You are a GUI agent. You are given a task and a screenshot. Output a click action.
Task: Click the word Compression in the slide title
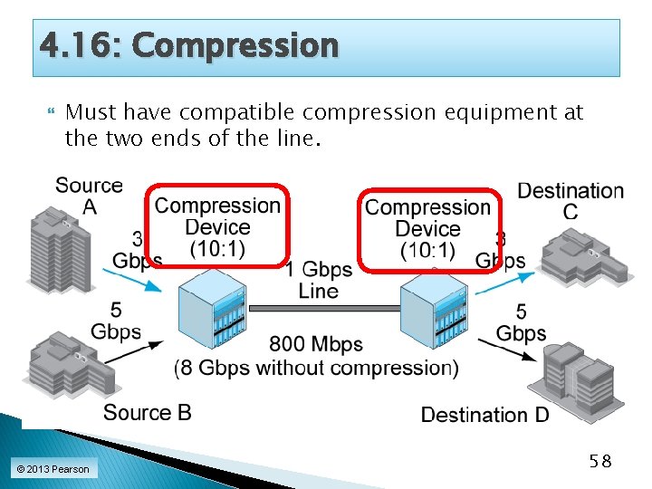coord(235,44)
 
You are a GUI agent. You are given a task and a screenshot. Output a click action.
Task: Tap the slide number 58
coord(599,462)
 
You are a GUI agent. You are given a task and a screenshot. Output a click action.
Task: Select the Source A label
coord(89,197)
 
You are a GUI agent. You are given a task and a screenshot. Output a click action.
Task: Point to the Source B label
coord(148,413)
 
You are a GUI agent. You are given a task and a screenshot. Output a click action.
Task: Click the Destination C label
coord(570,201)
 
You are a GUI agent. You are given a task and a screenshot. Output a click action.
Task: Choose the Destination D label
coord(485,415)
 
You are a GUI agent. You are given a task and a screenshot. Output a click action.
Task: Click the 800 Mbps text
coord(316,344)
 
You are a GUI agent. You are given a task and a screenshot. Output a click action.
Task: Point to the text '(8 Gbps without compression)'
coord(316,368)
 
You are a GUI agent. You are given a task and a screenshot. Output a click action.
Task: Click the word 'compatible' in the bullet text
coord(238,113)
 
